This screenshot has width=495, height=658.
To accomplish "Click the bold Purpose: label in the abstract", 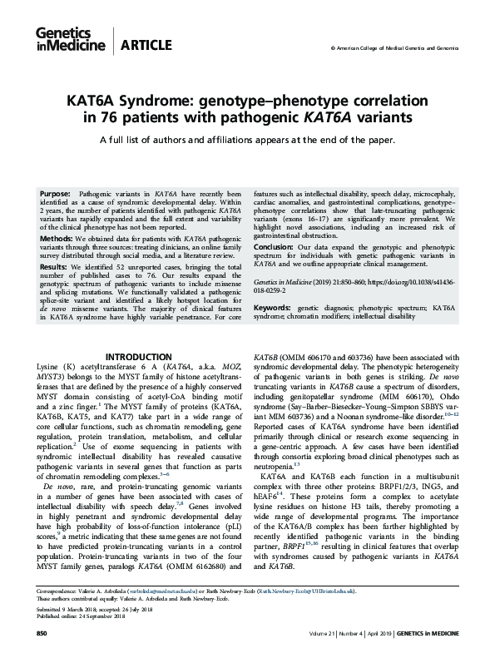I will coord(56,192).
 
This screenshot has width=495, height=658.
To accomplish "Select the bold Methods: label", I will coord(57,238).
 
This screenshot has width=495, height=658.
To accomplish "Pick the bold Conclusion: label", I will coord(275,246).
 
